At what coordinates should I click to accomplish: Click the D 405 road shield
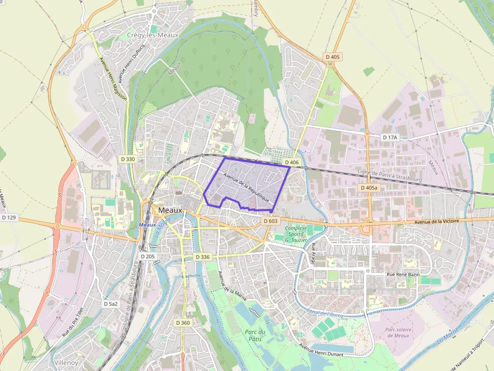point(333,57)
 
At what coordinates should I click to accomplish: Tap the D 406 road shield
point(292,162)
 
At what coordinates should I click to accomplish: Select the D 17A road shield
point(390,137)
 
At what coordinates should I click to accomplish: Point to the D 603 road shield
point(271,221)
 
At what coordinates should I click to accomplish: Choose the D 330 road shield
point(128,159)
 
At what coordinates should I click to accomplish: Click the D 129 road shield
point(9,217)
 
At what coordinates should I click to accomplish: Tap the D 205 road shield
point(148,256)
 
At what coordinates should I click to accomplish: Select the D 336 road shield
point(202,257)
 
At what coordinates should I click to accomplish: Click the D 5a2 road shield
point(111,304)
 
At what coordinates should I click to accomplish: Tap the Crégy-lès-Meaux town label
point(150,35)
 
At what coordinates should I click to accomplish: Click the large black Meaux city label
point(170,210)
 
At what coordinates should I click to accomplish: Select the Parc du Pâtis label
point(255,336)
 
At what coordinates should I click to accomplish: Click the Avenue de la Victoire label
point(439,221)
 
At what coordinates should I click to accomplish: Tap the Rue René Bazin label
point(402,274)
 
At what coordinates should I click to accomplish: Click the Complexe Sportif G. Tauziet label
point(296,234)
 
